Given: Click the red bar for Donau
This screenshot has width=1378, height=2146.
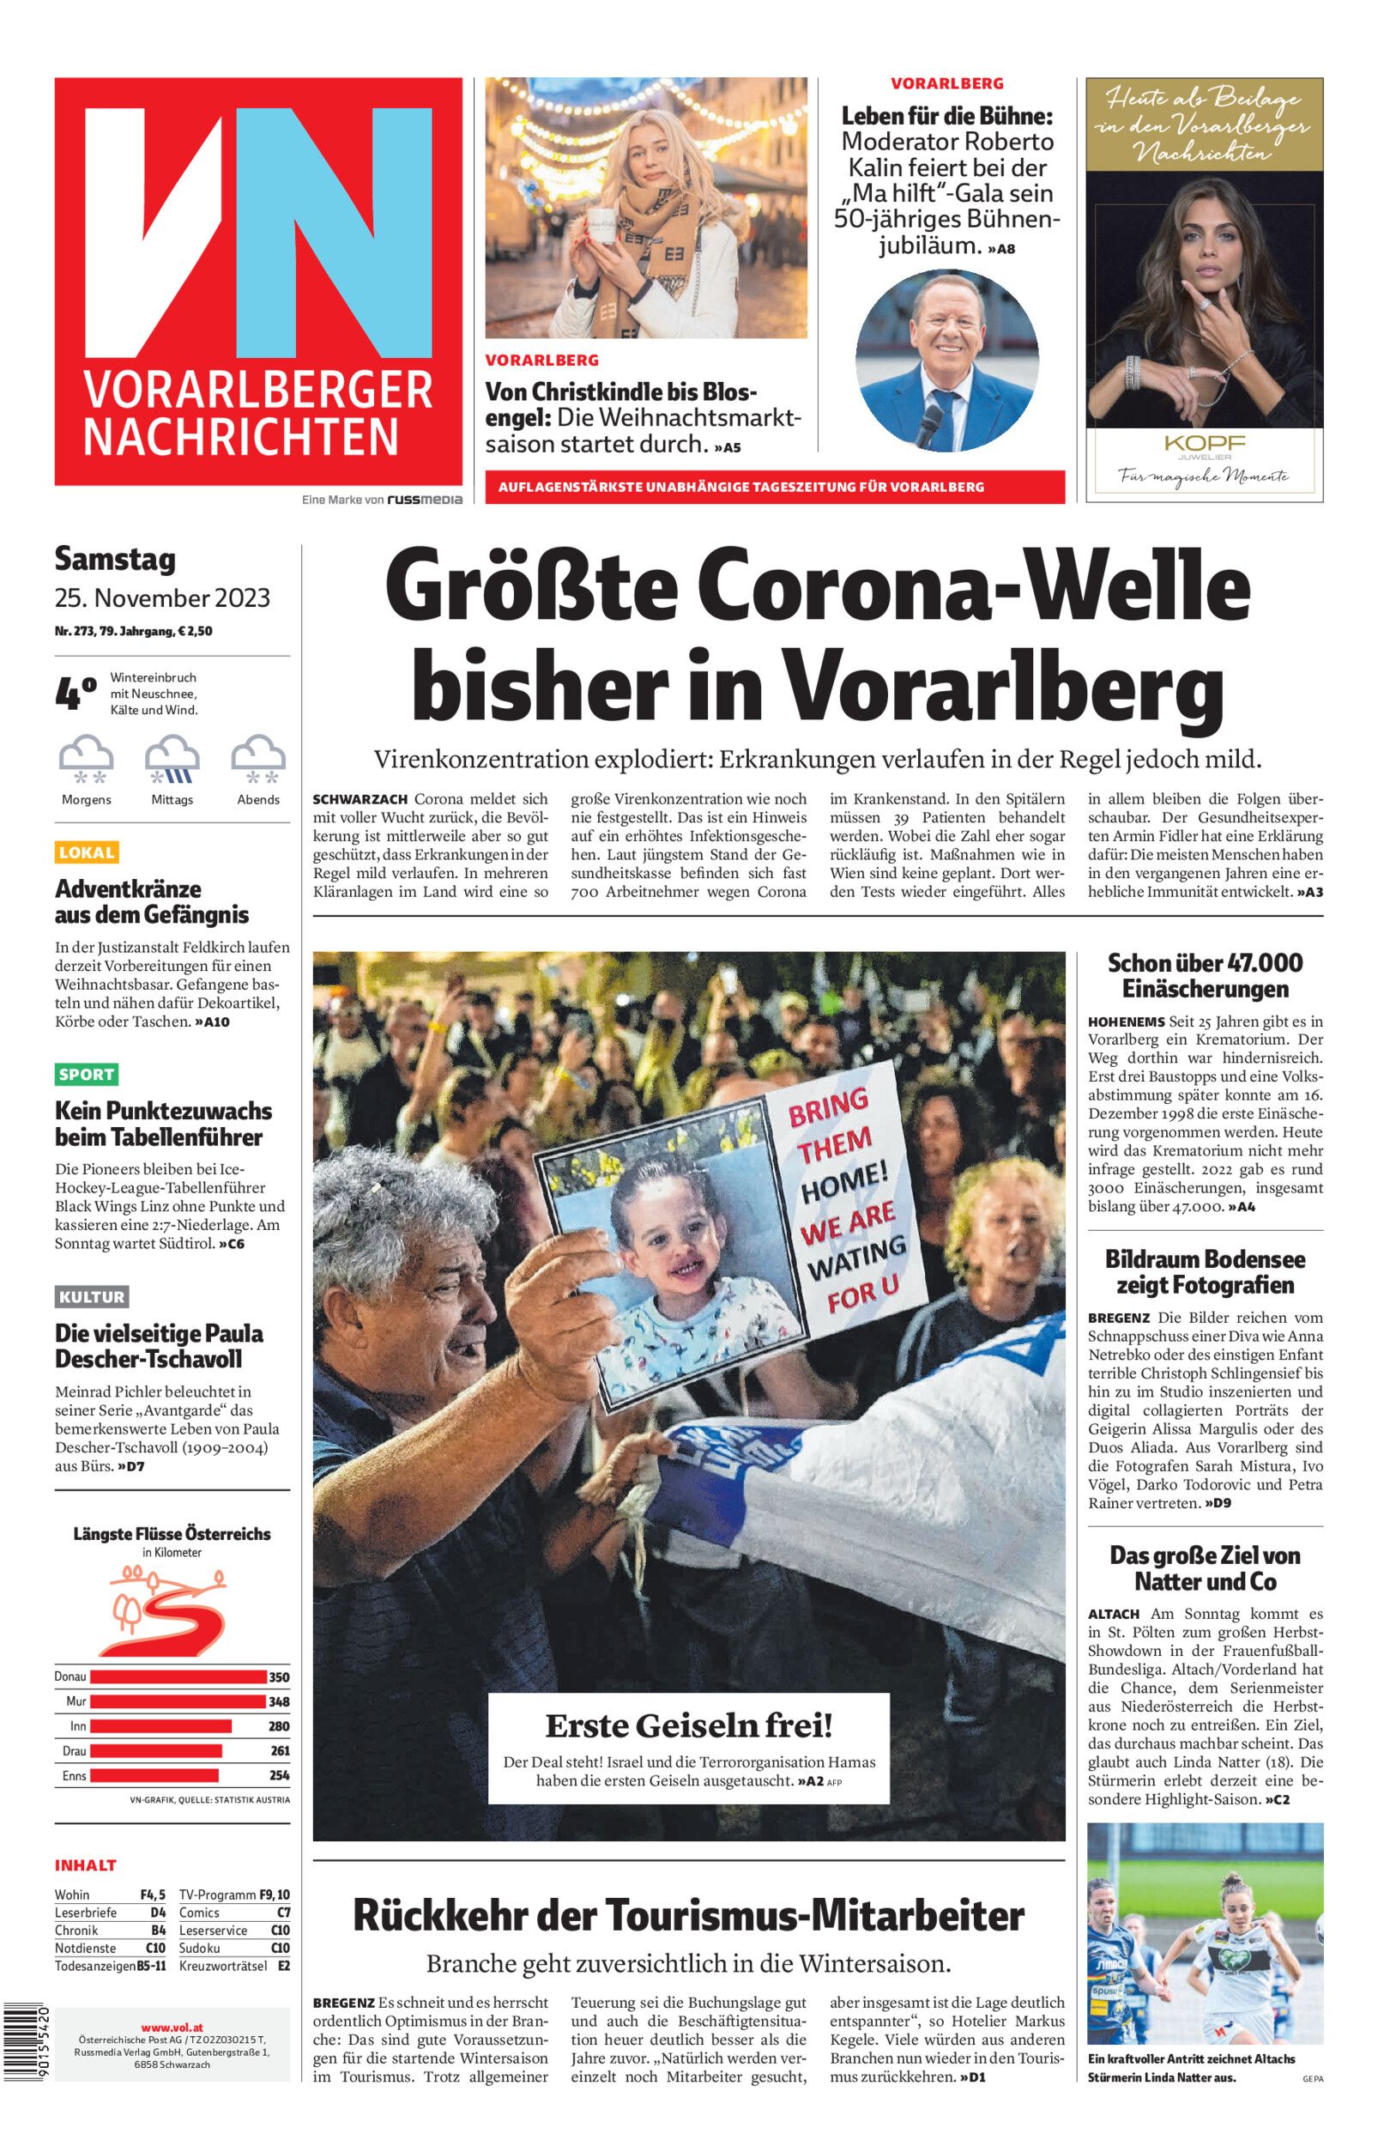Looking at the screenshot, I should tap(178, 1677).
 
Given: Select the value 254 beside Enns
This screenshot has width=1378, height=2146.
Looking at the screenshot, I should tap(279, 1775).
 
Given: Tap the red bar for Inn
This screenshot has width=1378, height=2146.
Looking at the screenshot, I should tap(160, 1726).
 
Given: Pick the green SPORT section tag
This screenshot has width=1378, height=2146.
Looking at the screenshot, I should tap(87, 1074).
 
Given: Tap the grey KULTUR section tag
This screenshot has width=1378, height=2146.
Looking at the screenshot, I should tap(91, 1297).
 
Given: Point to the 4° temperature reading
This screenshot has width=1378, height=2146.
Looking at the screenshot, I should tap(76, 694).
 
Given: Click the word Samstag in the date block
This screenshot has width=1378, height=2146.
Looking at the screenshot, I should tap(116, 560).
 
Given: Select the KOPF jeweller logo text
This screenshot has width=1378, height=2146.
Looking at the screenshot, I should tap(1205, 443).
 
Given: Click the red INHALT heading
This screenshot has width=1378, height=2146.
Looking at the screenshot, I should tap(86, 1865).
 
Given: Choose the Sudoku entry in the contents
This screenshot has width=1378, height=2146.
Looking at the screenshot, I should tap(200, 1948).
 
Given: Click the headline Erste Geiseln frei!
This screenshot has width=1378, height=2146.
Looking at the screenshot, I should tap(689, 1724).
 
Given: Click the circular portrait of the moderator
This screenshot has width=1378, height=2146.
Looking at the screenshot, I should tap(946, 360).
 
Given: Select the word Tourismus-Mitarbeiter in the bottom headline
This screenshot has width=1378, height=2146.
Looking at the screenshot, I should tap(815, 1916).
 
